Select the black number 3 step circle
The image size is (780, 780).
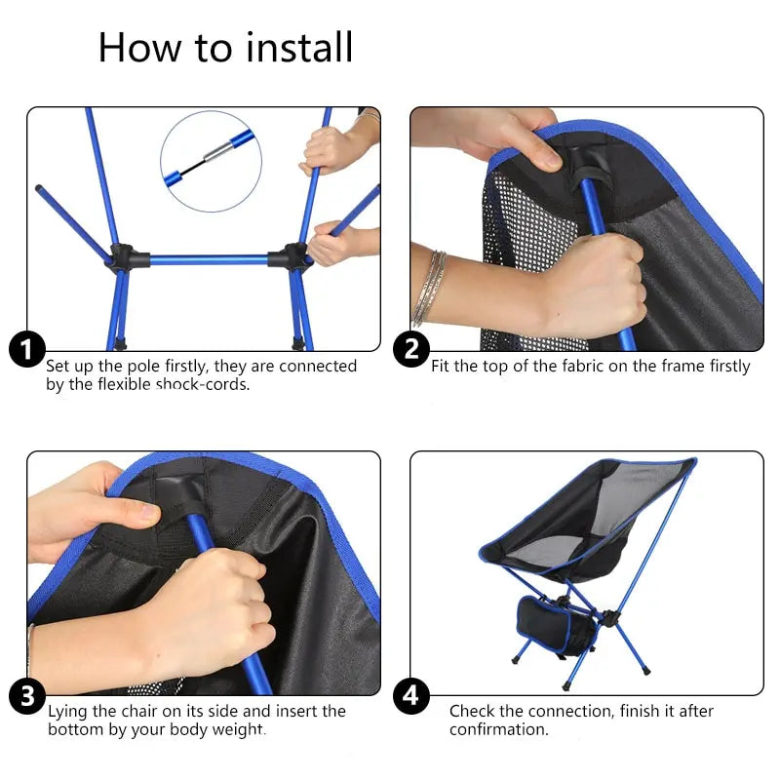point(27,696)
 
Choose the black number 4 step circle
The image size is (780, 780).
point(411,696)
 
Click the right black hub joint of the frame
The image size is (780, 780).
point(291,259)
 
